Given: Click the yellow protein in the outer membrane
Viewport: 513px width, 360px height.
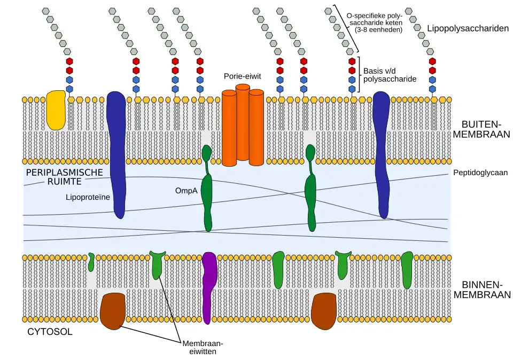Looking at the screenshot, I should (56, 109).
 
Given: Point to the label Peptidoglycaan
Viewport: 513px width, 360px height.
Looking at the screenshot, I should (480, 173).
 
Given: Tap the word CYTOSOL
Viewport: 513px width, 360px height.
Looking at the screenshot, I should (50, 332).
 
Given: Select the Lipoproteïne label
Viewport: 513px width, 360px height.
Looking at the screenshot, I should (88, 197).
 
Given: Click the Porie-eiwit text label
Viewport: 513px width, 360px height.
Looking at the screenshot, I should (242, 76).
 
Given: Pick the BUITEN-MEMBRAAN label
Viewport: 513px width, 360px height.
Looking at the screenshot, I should (481, 129).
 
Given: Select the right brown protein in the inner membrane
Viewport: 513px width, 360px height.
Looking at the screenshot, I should (323, 311).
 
